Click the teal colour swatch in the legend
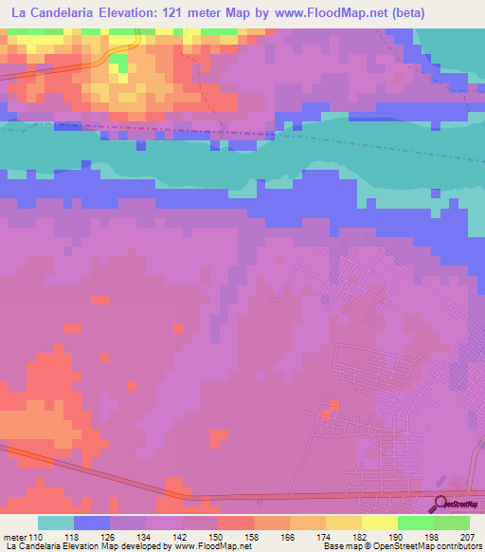[56, 523]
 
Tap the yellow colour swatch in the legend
[379, 523]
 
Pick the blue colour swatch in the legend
[92, 523]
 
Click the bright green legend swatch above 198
[415, 523]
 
